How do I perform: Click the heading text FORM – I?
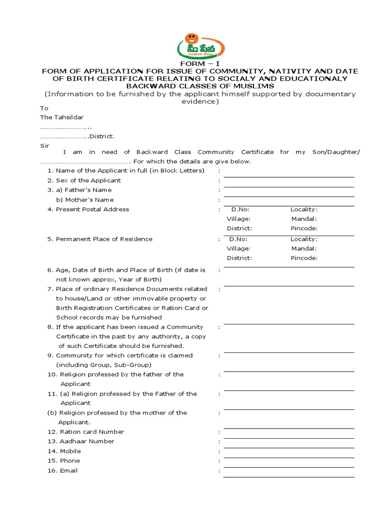[x=195, y=64]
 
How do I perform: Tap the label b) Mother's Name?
[x=85, y=200]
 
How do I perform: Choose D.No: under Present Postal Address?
[x=240, y=209]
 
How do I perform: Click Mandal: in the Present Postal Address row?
[x=304, y=219]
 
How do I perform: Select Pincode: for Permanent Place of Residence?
[x=304, y=258]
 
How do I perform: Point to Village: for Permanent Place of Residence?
[x=238, y=248]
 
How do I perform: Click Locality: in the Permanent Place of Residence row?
[x=304, y=239]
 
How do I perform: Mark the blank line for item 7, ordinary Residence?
[x=288, y=286]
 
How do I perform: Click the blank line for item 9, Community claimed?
[x=288, y=353]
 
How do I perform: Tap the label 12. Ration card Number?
[x=85, y=432]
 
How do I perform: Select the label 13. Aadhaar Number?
[x=81, y=441]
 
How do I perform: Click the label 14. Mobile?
[x=64, y=451]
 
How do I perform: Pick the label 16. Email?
[x=62, y=471]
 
